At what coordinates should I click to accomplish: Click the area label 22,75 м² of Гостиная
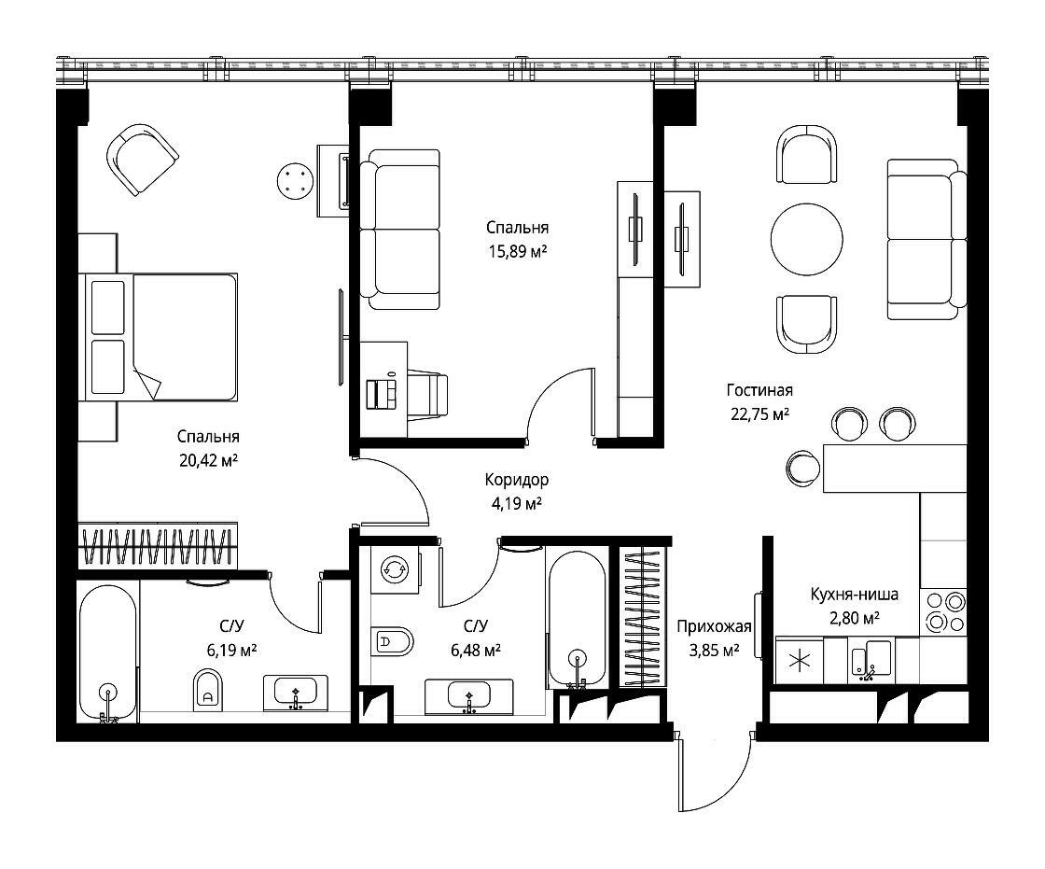(759, 414)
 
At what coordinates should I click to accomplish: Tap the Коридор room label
(517, 480)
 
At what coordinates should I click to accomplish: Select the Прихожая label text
(714, 626)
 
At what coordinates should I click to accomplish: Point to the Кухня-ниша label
(854, 595)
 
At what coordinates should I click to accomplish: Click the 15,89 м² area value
(517, 251)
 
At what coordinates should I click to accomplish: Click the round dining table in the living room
(806, 239)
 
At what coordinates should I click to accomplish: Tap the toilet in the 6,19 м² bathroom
(207, 690)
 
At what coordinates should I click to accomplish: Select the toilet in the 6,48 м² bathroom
(392, 642)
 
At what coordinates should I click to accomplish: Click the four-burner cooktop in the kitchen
(943, 612)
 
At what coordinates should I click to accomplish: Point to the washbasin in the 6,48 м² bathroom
(469, 697)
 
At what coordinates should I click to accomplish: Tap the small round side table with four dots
(295, 180)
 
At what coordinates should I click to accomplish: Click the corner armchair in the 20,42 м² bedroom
(142, 160)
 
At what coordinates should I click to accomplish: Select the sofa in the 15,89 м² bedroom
(400, 230)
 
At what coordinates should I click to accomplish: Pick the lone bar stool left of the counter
(802, 469)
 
